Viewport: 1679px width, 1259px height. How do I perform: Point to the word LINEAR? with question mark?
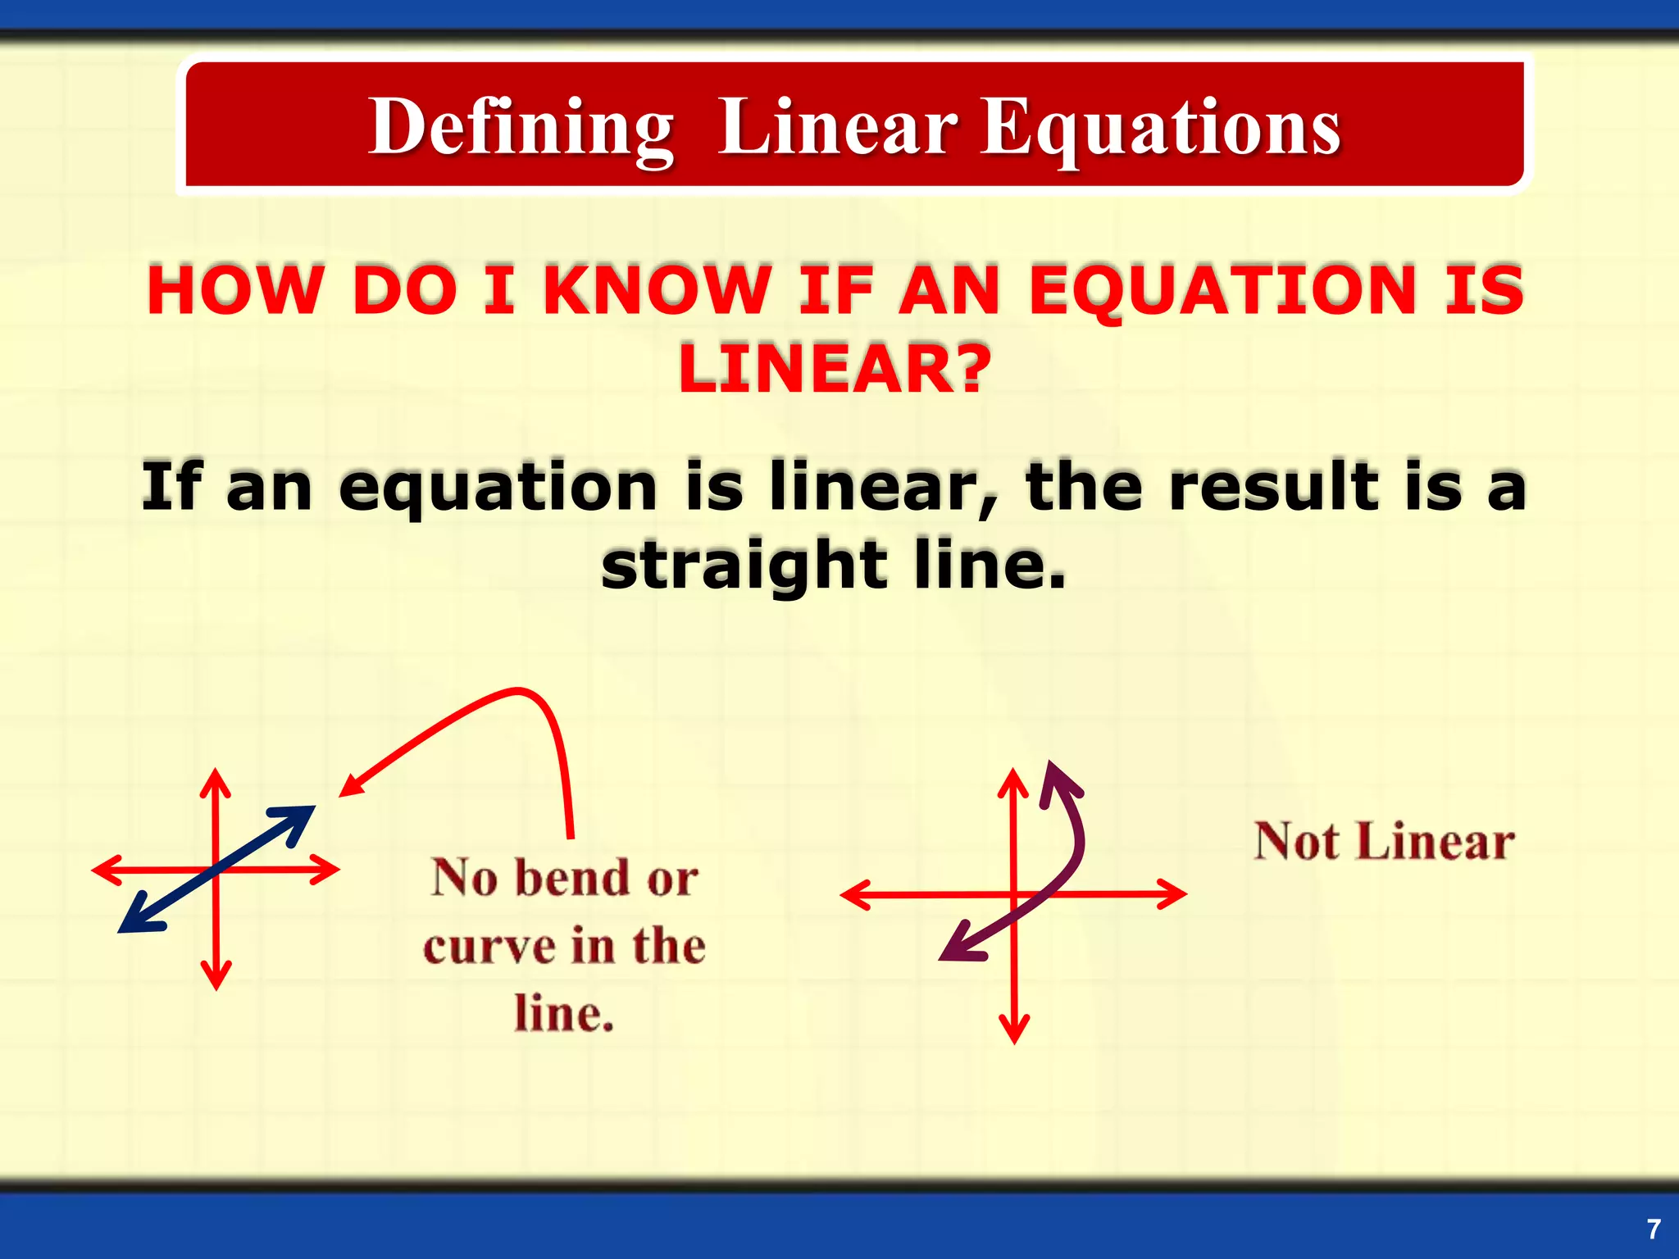tap(835, 369)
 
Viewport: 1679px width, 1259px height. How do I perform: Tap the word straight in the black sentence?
tap(744, 566)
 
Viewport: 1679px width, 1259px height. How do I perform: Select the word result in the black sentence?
tap(1274, 487)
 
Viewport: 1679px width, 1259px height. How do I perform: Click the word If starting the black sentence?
tap(172, 487)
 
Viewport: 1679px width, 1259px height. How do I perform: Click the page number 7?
tap(1654, 1229)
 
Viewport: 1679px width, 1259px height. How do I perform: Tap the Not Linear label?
tap(1384, 842)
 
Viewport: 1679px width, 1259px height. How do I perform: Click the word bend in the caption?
tap(575, 878)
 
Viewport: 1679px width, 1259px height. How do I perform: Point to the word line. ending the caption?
tap(564, 1014)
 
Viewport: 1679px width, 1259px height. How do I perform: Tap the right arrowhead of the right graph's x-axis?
tap(1175, 893)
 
